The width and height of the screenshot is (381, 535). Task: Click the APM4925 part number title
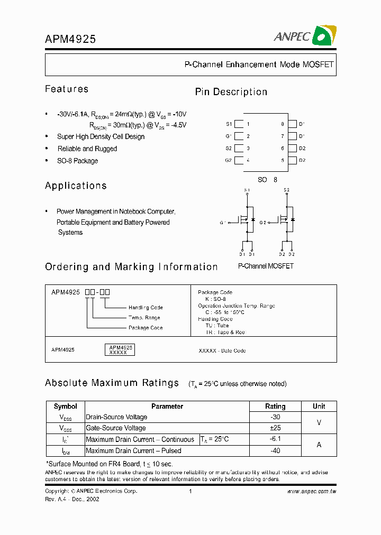click(70, 39)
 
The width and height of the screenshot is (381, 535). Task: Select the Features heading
click(67, 89)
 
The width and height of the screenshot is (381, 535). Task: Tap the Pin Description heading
click(231, 92)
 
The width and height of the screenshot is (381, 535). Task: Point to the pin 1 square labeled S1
click(239, 124)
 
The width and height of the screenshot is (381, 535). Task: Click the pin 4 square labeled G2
click(239, 160)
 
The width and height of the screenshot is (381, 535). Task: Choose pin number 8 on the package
click(283, 124)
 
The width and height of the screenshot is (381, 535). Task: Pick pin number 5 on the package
click(283, 160)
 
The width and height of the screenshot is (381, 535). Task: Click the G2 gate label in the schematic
click(262, 223)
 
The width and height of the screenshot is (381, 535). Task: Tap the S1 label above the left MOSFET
click(247, 190)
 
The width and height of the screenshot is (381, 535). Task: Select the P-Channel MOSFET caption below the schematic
click(266, 266)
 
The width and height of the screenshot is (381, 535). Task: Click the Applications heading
click(76, 186)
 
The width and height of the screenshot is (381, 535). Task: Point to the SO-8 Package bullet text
click(78, 161)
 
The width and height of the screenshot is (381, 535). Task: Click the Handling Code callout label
click(146, 307)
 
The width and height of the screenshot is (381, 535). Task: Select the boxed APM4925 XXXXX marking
click(121, 349)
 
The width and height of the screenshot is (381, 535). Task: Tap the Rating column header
click(275, 407)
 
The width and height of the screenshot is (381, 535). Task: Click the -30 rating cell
click(275, 417)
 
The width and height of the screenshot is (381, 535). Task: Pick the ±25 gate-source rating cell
click(275, 428)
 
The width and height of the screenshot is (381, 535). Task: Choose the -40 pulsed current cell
click(275, 451)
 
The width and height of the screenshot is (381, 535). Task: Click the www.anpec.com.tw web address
click(312, 491)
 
